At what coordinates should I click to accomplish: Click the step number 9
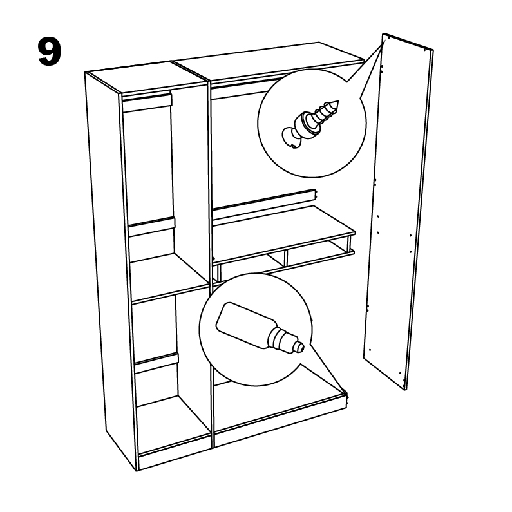coord(50,52)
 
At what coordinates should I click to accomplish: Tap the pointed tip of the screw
coord(337,102)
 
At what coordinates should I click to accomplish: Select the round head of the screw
coord(290,138)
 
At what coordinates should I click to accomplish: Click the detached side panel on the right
coord(399,212)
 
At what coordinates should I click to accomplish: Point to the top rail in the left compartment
coord(147,102)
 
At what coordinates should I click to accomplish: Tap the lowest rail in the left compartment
coord(157,363)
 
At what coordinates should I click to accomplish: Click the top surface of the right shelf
coord(283,234)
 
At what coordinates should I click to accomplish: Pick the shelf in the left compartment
coord(171,278)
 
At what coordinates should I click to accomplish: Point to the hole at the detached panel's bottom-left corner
coord(370,350)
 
